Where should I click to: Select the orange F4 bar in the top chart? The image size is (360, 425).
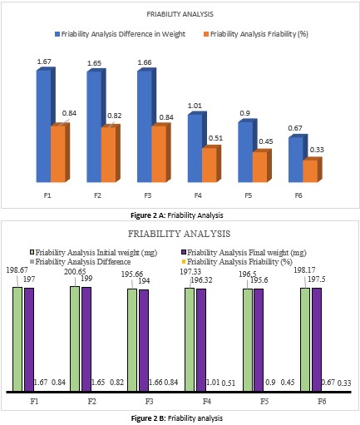(210, 165)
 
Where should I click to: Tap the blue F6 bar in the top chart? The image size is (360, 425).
(296, 159)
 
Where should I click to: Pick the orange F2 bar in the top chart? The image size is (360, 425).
(109, 154)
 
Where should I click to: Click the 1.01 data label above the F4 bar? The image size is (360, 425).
(195, 106)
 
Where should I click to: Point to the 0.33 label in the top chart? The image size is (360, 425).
(317, 150)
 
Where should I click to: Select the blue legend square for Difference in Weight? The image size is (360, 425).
(57, 34)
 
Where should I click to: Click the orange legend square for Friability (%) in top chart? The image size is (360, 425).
(206, 34)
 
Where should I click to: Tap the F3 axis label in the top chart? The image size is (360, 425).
(148, 195)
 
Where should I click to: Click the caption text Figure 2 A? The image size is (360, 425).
(148, 215)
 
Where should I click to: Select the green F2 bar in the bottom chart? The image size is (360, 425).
(75, 339)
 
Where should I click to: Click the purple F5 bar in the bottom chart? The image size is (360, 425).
(259, 340)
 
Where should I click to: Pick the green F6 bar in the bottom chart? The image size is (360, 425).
(305, 339)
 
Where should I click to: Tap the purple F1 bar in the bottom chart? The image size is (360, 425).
(29, 339)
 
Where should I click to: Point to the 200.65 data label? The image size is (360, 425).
(75, 272)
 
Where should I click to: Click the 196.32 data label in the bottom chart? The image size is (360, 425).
(201, 280)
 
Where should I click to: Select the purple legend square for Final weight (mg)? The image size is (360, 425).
(183, 253)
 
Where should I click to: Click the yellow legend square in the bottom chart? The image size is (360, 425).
(183, 262)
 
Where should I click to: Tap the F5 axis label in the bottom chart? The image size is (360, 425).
(264, 401)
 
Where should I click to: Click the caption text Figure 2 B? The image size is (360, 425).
(148, 418)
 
